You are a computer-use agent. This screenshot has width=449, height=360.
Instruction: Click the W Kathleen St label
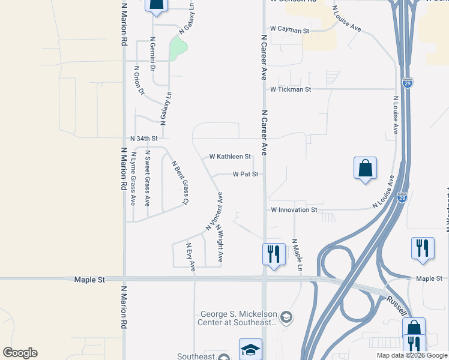tap(230, 157)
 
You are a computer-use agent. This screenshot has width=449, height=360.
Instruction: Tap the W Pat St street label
tap(246, 175)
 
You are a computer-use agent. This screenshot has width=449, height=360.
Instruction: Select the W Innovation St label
tap(294, 210)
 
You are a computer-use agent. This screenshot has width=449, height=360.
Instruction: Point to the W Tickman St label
tap(291, 89)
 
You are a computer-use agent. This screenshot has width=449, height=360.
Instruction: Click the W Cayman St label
tap(289, 29)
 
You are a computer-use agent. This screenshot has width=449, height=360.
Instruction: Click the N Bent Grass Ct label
tap(180, 182)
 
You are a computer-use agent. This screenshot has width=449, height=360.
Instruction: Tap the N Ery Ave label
tap(191, 256)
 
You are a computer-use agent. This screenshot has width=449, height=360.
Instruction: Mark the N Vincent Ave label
tap(215, 211)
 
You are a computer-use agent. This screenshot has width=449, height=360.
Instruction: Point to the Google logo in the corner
tap(20, 353)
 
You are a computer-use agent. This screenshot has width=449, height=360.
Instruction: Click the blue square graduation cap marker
tap(250, 349)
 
